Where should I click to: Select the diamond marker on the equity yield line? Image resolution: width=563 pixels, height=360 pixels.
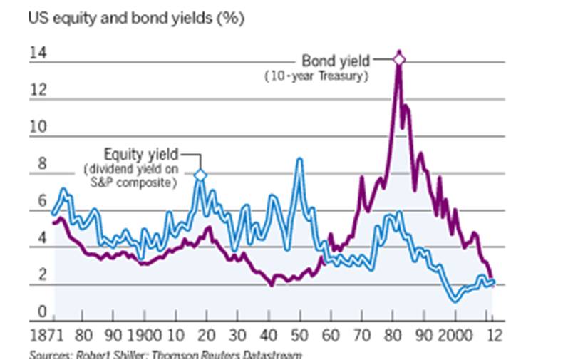point(200,175)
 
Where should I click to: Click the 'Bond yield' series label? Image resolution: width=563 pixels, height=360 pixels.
point(336,61)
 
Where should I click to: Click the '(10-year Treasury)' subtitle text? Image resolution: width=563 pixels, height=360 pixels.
point(316,75)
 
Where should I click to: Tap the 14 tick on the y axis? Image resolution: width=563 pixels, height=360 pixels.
point(36,53)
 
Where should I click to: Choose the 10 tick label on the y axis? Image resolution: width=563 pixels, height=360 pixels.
point(36,127)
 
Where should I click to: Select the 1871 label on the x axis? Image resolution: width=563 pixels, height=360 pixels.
point(44,335)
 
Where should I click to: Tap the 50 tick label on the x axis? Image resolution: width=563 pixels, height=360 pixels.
point(300,335)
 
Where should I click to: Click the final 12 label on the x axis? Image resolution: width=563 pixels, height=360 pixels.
point(492,335)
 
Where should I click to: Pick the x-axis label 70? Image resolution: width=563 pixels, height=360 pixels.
point(362,335)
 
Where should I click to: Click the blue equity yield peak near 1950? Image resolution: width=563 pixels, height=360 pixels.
point(300,160)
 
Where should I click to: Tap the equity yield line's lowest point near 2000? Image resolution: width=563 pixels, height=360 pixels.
point(455,301)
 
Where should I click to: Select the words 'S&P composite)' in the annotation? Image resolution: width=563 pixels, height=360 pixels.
point(140,183)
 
